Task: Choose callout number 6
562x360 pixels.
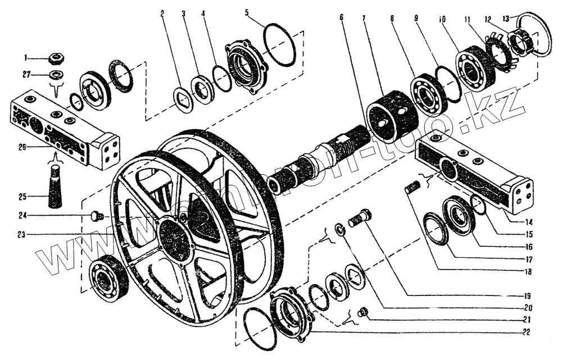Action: (341, 17)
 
